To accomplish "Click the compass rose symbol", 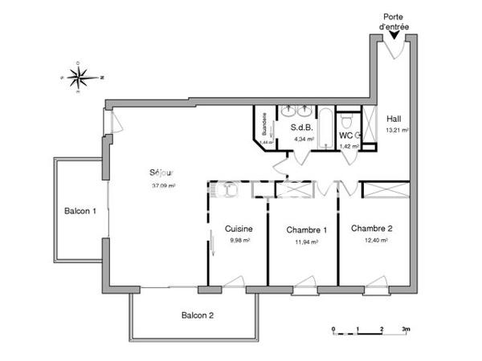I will (x=80, y=77).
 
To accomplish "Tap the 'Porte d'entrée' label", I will (x=394, y=22).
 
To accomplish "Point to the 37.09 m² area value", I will (x=163, y=185).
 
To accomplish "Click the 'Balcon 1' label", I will (x=80, y=212).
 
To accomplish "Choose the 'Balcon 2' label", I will (x=197, y=315).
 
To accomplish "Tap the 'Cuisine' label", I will (x=239, y=228).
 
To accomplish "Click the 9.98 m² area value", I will (x=239, y=240).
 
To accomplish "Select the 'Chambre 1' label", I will (x=306, y=229).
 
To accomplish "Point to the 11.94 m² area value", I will (x=306, y=241).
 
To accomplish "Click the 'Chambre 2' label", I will (x=371, y=228).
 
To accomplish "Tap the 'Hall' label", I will (x=394, y=119).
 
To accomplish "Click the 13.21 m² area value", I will (x=397, y=130).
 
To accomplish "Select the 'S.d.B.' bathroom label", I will (x=301, y=127).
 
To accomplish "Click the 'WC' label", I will (x=345, y=136).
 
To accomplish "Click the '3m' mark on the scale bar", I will (x=406, y=330).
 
